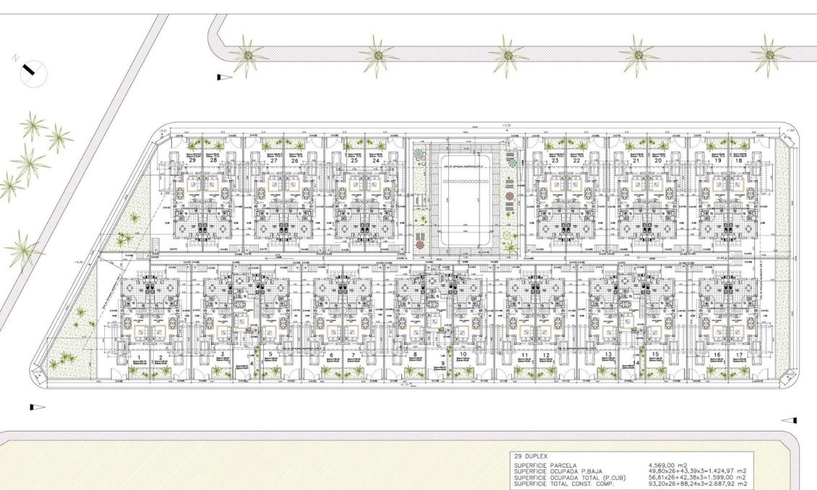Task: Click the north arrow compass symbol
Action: [31, 70]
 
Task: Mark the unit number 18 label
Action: [738, 140]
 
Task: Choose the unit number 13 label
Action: [609, 355]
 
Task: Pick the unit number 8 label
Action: [415, 355]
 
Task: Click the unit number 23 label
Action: [555, 140]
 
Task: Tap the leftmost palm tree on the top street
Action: [248, 55]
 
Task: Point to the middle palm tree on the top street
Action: [508, 55]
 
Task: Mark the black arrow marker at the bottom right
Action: [789, 420]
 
